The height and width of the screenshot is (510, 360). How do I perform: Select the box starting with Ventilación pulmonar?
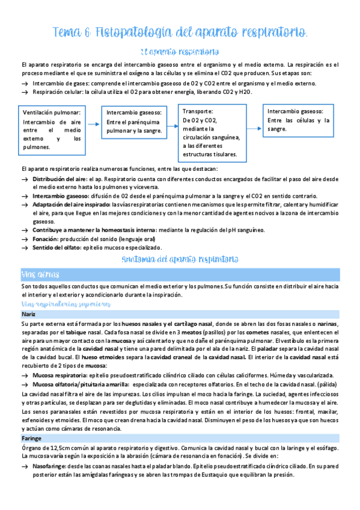pyautogui.click(x=52, y=129)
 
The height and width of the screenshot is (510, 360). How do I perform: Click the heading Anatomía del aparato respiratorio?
pyautogui.click(x=180, y=259)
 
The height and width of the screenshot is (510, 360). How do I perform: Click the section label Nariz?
pyautogui.click(x=28, y=315)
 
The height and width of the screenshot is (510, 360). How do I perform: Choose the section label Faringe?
pyautogui.click(x=31, y=439)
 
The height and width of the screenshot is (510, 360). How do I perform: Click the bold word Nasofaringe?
pyautogui.click(x=51, y=466)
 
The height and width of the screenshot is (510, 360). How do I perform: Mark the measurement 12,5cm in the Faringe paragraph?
pyautogui.click(x=59, y=448)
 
